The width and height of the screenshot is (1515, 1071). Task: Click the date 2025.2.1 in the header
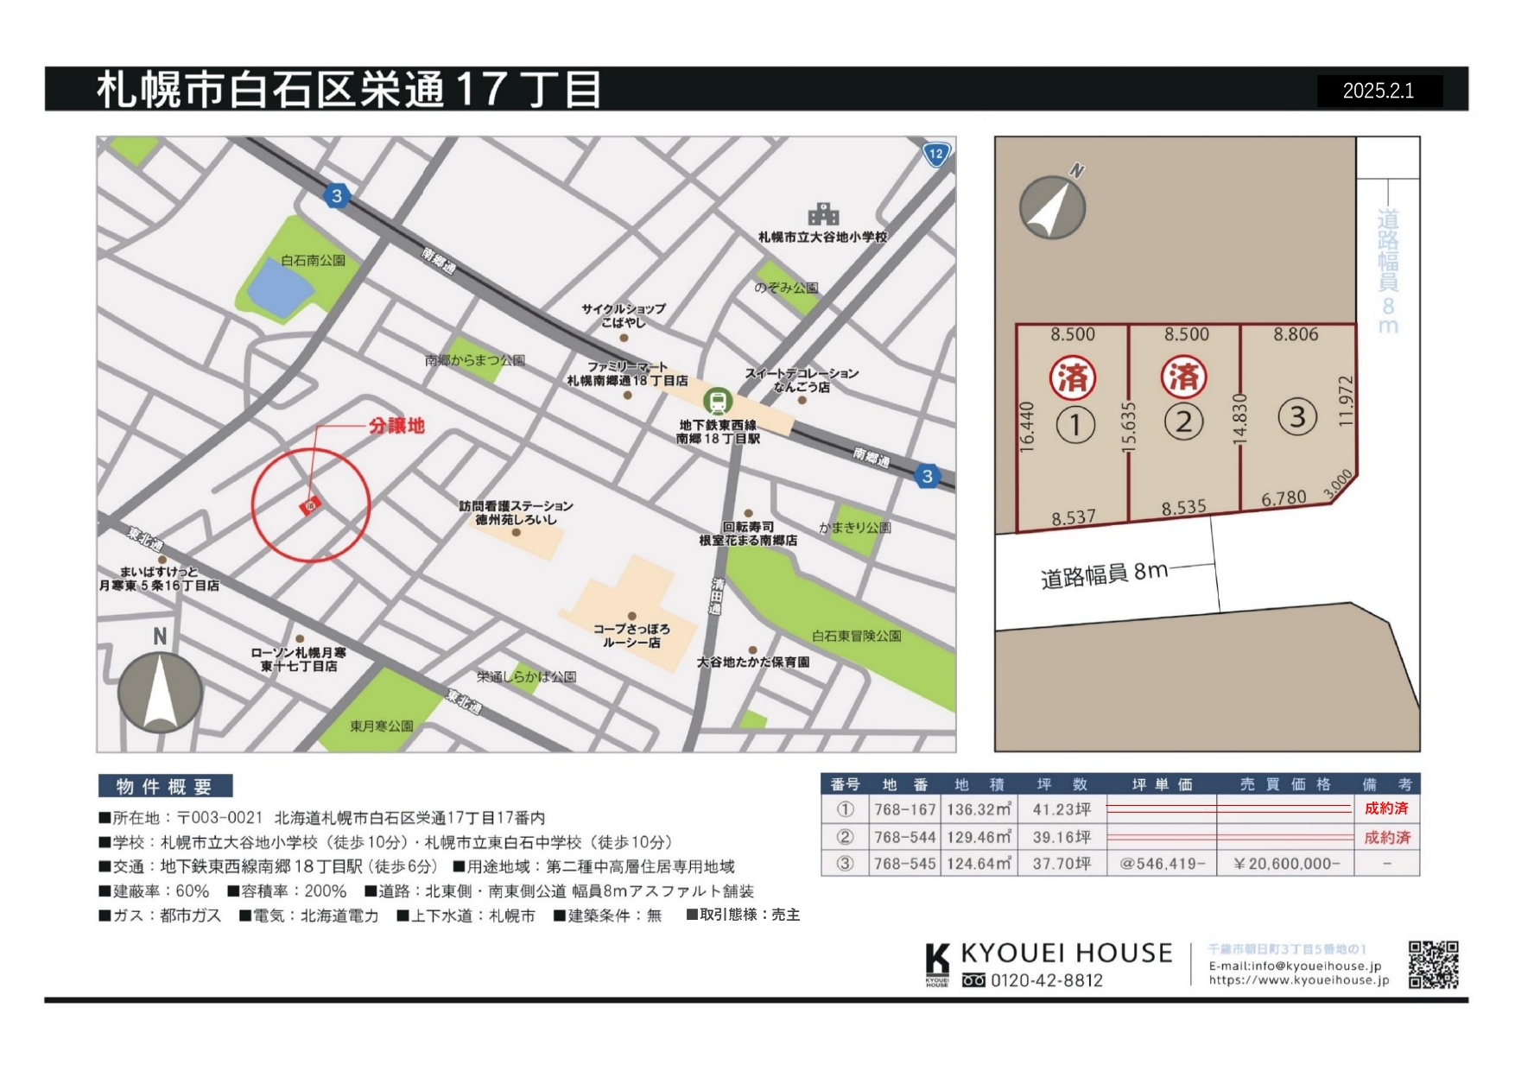click(x=1379, y=91)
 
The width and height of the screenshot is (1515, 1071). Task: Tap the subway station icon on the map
click(x=717, y=401)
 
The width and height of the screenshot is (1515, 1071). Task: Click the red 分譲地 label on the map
click(x=396, y=426)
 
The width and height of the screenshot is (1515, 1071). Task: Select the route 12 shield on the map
click(x=936, y=155)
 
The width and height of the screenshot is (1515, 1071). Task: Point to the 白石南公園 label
click(x=313, y=260)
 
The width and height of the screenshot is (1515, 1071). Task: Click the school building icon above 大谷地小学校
click(x=823, y=214)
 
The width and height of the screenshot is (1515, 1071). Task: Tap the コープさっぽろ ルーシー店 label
click(x=631, y=636)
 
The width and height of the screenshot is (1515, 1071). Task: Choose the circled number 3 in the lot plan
click(x=1296, y=417)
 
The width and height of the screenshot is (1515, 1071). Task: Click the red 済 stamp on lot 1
click(x=1073, y=377)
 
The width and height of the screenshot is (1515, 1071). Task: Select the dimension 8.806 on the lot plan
click(x=1296, y=335)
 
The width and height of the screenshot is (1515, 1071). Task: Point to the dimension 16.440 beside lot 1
click(x=1026, y=427)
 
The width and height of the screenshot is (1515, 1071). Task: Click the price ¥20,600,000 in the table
click(x=1286, y=864)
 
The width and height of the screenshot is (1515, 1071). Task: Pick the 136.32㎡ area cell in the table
click(x=979, y=809)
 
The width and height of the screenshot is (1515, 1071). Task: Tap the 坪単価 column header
click(x=1162, y=784)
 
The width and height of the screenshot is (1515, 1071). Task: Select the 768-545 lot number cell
click(x=904, y=864)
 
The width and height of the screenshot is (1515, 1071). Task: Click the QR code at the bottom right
click(x=1433, y=965)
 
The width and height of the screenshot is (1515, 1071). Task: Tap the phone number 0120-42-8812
click(x=1046, y=980)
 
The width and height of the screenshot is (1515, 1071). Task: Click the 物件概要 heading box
click(x=165, y=786)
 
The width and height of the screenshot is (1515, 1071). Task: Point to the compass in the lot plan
click(x=1052, y=207)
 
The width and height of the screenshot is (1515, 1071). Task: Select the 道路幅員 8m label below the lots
click(x=1104, y=574)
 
